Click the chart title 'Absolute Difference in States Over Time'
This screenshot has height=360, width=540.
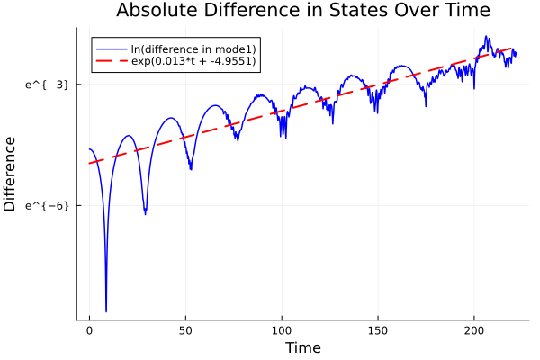click(x=302, y=11)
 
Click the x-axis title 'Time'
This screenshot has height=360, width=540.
click(x=302, y=347)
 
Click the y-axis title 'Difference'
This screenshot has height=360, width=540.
click(x=11, y=174)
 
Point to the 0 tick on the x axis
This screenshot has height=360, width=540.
click(x=89, y=330)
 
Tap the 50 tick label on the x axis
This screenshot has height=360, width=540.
click(x=185, y=330)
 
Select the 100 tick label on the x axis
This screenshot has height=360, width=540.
click(x=282, y=330)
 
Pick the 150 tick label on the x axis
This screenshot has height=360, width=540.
click(x=378, y=330)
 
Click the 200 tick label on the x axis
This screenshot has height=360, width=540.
click(x=474, y=330)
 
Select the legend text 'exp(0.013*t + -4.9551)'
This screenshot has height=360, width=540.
click(x=191, y=61)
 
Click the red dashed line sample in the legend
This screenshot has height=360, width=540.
click(x=112, y=61)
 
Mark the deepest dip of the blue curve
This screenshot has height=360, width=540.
click(x=106, y=311)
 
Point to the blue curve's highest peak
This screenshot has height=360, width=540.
click(x=487, y=37)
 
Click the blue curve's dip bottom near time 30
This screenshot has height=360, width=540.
click(x=145, y=214)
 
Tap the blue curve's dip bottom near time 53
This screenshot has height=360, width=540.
click(x=191, y=169)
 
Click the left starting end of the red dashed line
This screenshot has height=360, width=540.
click(x=89, y=163)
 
